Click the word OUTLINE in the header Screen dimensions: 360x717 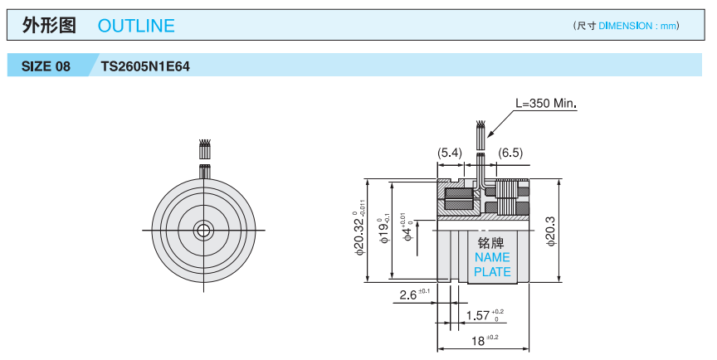pos(136,26)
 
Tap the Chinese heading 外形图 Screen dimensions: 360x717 pos(49,26)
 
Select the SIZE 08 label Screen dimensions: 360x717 pos(46,66)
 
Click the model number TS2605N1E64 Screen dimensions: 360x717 pos(145,66)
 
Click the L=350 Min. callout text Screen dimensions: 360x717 pos(545,104)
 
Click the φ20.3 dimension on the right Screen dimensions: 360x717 pos(549,230)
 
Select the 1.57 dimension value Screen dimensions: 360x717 pos(479,315)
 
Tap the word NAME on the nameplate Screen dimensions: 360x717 pos(492,257)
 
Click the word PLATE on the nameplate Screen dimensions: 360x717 pos(492,271)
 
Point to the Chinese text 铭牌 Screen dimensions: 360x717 pos(491,243)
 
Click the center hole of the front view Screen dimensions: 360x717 pos(202,230)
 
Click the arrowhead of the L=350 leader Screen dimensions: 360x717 pos(489,134)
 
